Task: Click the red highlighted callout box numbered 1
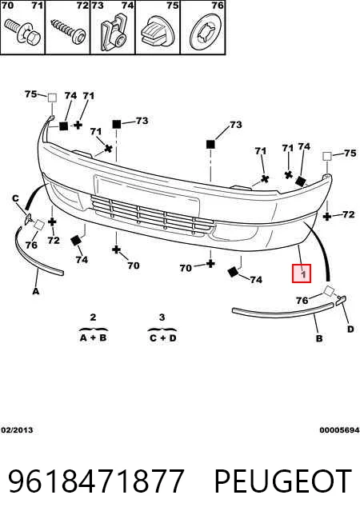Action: [x=302, y=273]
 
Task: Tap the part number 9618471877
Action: [x=96, y=481]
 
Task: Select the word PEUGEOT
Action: [x=282, y=481]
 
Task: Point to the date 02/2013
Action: [x=17, y=430]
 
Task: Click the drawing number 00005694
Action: [x=339, y=430]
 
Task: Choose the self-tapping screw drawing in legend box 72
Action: [x=68, y=31]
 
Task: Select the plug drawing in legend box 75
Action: [x=157, y=32]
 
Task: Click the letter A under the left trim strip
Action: [x=36, y=291]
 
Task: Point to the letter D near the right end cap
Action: [x=350, y=329]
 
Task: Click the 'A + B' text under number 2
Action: [x=93, y=337]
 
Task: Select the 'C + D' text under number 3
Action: [x=162, y=338]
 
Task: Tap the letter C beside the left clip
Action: [x=15, y=199]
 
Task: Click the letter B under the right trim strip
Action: [x=319, y=338]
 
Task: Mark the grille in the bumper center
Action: [x=152, y=215]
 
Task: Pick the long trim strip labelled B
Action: [x=282, y=312]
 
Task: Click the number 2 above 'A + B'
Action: [x=93, y=317]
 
